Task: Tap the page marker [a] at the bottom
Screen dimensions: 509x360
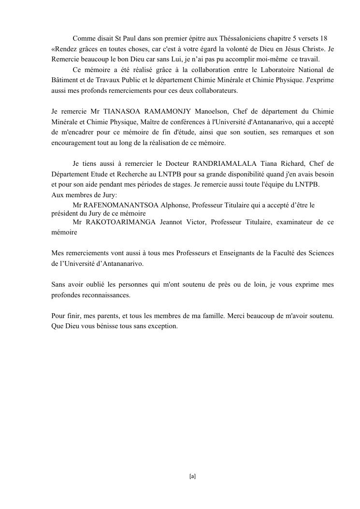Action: (x=192, y=476)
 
